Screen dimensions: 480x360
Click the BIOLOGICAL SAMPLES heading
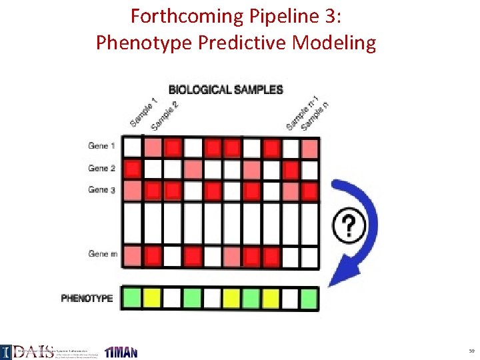(225, 89)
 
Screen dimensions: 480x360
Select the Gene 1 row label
(101, 146)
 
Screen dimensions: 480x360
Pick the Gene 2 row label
(101, 168)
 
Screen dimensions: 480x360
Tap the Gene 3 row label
(101, 190)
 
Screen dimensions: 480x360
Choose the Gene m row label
(103, 253)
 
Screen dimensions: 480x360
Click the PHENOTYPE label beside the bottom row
(87, 298)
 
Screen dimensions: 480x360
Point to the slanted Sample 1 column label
(143, 112)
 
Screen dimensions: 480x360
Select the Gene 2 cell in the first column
(133, 168)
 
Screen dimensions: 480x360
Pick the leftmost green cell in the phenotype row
(133, 297)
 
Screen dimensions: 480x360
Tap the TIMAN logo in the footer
(121, 351)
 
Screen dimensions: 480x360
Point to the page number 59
(471, 351)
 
